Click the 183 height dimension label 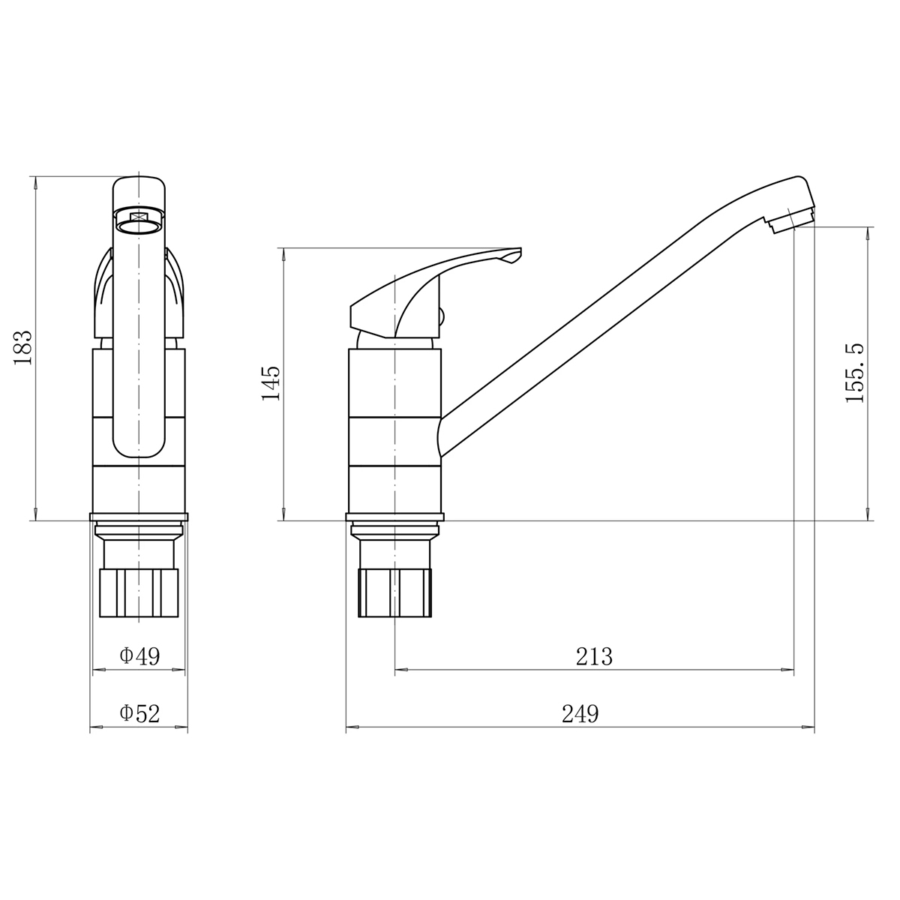(23, 347)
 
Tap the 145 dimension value (271, 383)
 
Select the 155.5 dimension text (855, 373)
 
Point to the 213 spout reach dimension (593, 656)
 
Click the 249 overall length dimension (580, 713)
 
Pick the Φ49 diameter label (139, 655)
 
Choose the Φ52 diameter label (139, 713)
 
